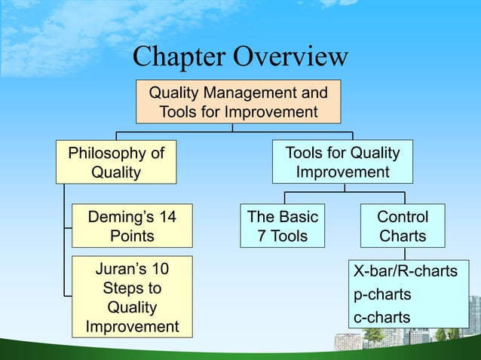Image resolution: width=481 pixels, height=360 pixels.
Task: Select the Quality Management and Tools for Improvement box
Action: pos(238,102)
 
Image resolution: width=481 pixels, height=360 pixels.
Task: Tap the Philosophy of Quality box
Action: pos(116,163)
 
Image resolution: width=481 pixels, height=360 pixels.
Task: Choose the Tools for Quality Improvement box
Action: pos(342,163)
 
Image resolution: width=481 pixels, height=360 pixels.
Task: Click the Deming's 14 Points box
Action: pos(131,226)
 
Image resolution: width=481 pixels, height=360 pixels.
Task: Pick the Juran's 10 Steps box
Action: pos(131,297)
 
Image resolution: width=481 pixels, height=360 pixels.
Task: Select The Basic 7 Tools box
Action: pos(283,226)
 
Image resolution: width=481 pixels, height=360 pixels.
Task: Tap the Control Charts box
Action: pos(403,226)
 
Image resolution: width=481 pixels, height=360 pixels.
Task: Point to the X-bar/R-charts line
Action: pos(406,271)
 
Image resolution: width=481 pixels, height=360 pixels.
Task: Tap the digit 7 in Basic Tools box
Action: pos(262,236)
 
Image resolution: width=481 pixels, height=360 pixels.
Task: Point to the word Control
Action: pos(403,217)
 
